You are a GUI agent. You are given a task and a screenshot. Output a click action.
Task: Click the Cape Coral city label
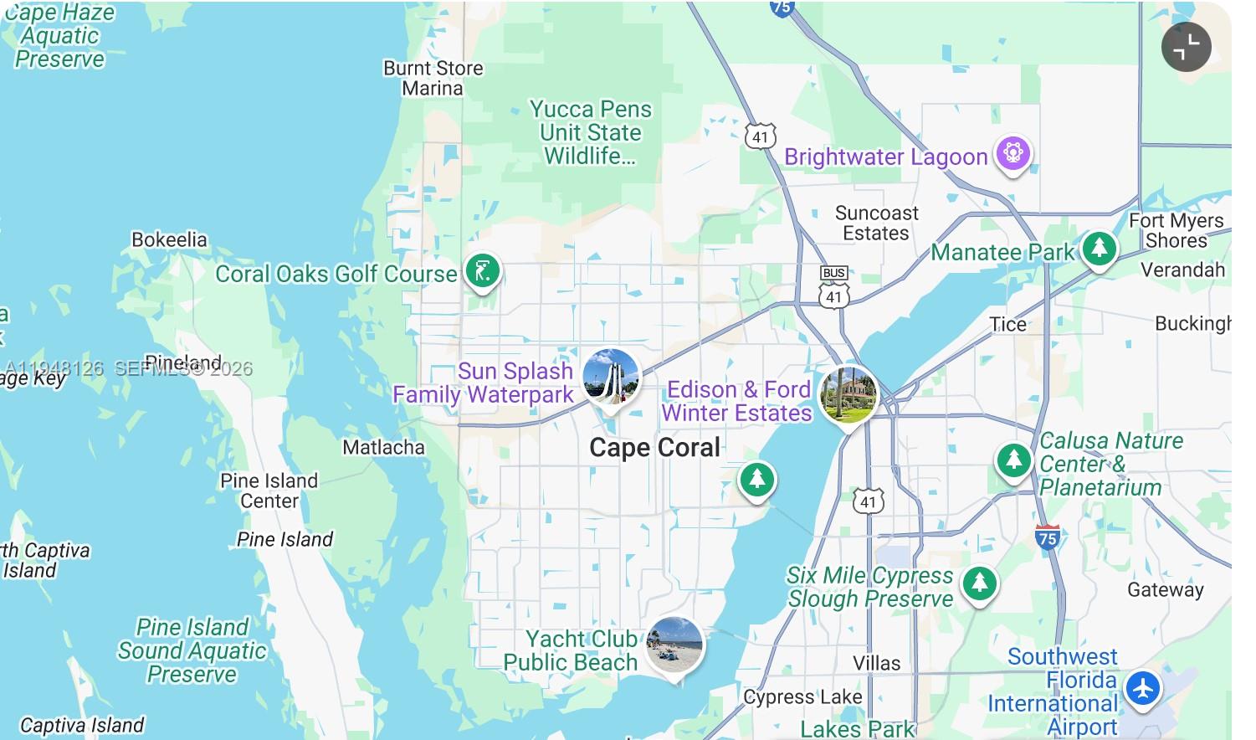pyautogui.click(x=654, y=448)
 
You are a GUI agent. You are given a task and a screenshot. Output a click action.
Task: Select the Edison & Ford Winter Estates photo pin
pyautogui.click(x=848, y=394)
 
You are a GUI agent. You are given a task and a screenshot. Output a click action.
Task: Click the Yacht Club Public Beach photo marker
pyautogui.click(x=674, y=645)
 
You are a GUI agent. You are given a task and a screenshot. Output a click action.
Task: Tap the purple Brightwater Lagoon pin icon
pyautogui.click(x=1013, y=154)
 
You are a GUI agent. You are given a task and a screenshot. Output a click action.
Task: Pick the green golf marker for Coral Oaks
pyautogui.click(x=483, y=271)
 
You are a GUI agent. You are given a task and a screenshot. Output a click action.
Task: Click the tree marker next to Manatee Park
pyautogui.click(x=1099, y=249)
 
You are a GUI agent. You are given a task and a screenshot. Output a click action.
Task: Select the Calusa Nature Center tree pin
pyautogui.click(x=1013, y=460)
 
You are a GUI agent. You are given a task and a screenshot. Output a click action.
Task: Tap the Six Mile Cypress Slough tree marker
pyautogui.click(x=979, y=583)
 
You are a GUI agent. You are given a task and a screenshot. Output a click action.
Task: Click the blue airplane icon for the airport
pyautogui.click(x=1142, y=689)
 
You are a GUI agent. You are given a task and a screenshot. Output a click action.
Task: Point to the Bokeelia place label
pyautogui.click(x=169, y=239)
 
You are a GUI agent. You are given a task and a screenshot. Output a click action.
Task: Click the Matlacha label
pyautogui.click(x=383, y=448)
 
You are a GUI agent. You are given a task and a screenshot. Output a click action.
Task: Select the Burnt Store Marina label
pyautogui.click(x=433, y=78)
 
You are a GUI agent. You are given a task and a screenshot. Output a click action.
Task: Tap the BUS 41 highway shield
pyautogui.click(x=834, y=286)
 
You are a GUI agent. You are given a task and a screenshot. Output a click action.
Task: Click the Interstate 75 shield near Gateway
pyautogui.click(x=1047, y=537)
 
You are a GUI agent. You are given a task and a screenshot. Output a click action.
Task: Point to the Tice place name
pyautogui.click(x=1007, y=325)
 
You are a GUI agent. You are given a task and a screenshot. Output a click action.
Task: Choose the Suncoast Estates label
pyautogui.click(x=876, y=224)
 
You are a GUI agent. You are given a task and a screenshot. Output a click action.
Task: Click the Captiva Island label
pyautogui.click(x=82, y=725)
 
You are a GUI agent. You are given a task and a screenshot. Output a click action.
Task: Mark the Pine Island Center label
pyautogui.click(x=269, y=491)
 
